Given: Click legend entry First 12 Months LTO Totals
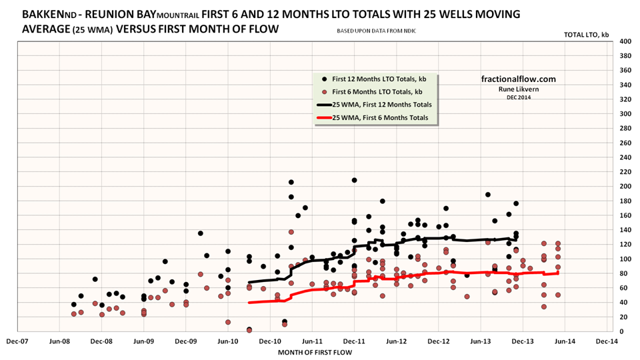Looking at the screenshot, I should (377, 78).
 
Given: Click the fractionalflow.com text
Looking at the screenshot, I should (518, 79).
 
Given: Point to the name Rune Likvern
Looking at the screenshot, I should (518, 89).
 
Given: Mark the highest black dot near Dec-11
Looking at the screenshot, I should (354, 180).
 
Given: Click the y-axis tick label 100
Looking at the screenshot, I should (625, 259).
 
